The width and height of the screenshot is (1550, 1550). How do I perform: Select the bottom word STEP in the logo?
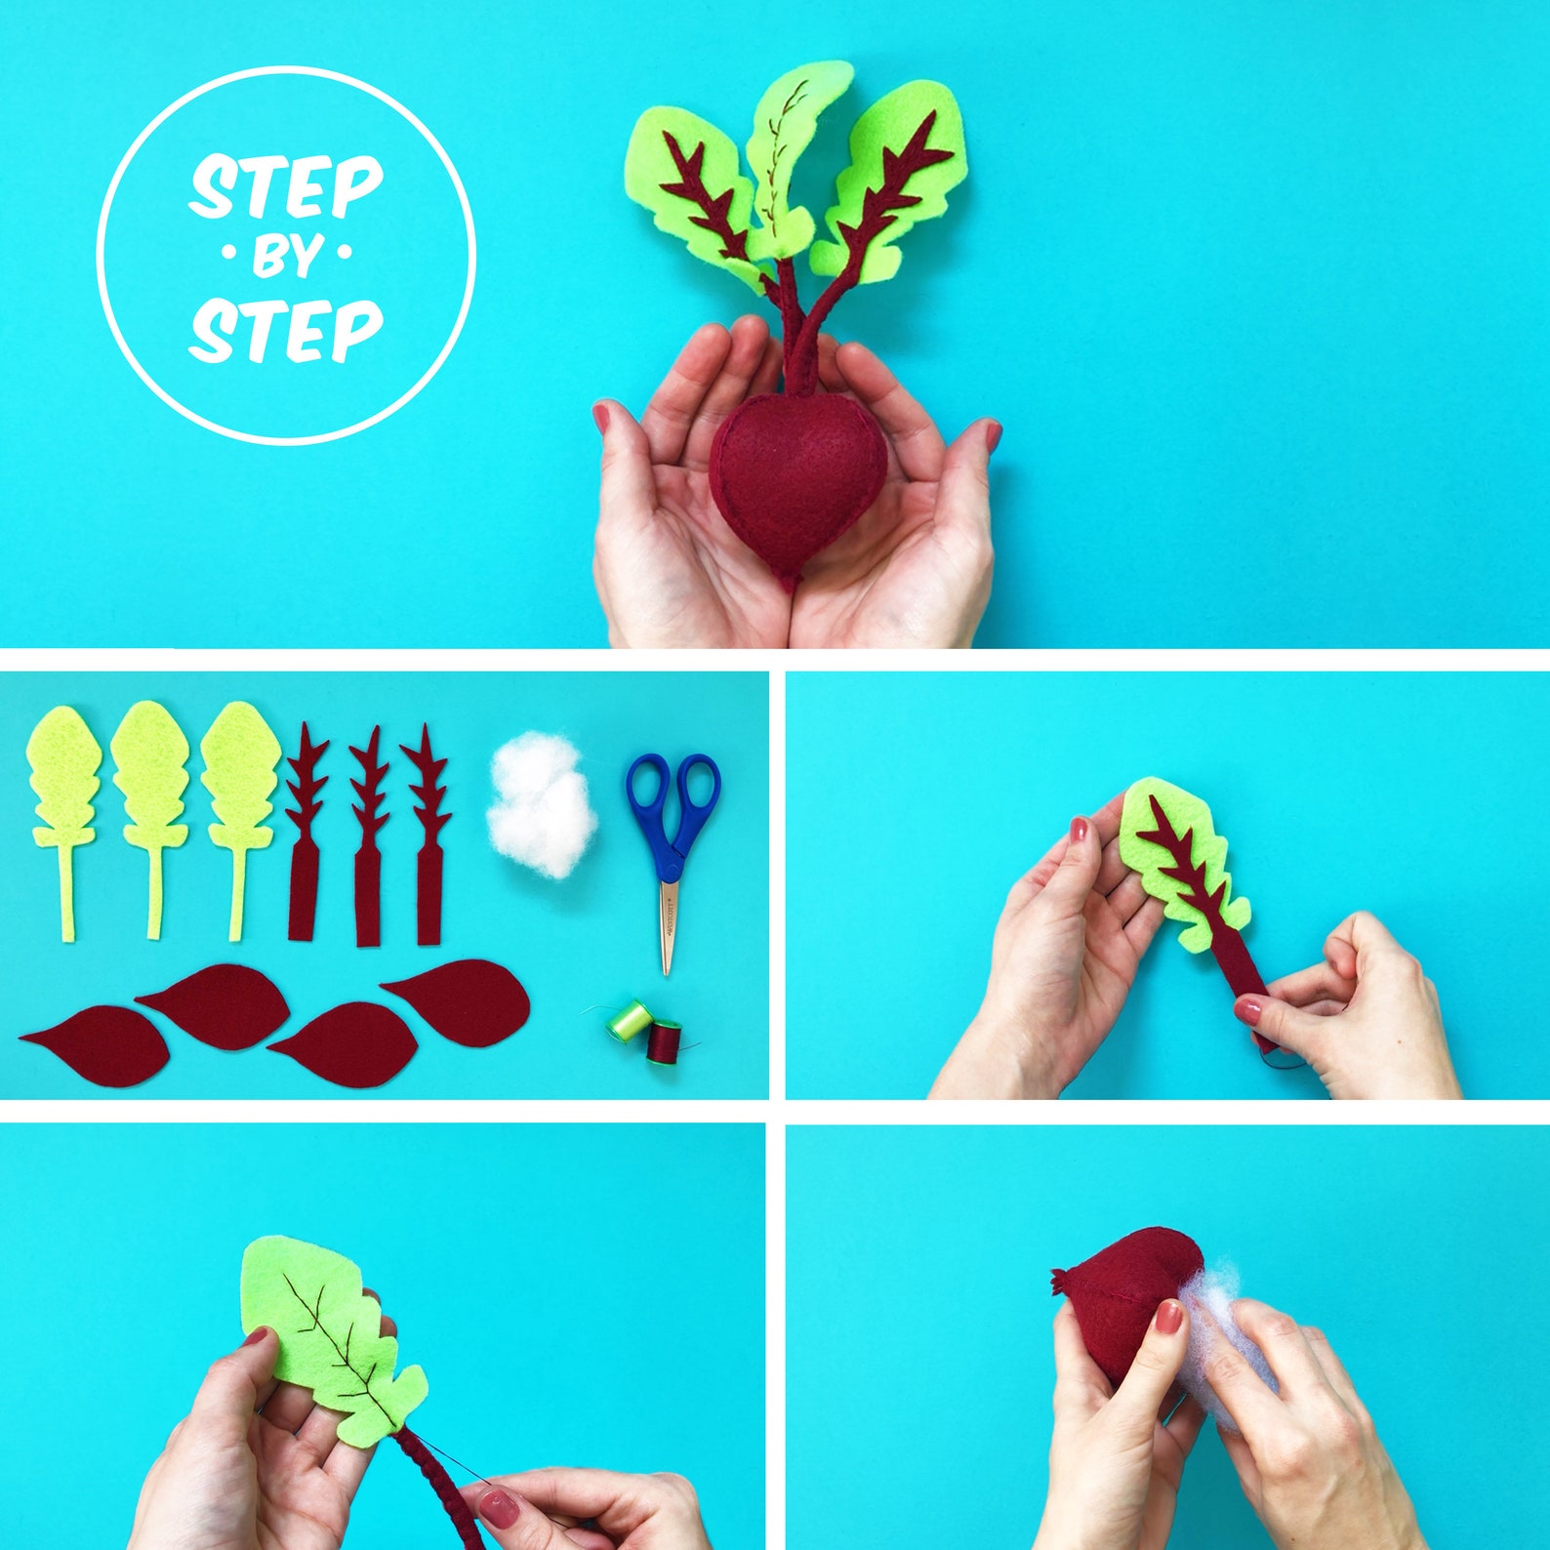coord(285,328)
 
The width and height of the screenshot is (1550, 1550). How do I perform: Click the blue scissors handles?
coord(673,800)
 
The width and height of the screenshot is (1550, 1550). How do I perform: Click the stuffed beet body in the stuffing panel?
coord(1122,1298)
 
